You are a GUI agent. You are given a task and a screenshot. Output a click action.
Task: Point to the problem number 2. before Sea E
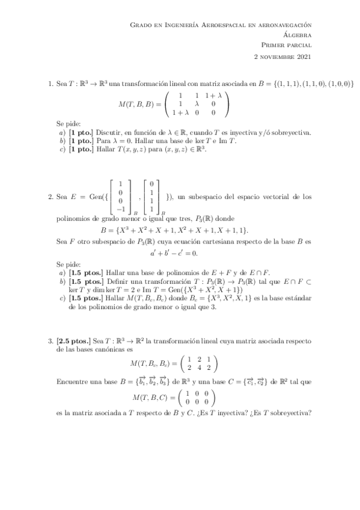click(x=50, y=195)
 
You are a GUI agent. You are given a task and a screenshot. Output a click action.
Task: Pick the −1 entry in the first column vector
click(x=121, y=209)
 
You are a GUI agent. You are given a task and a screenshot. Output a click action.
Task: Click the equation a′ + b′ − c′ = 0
click(x=180, y=253)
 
